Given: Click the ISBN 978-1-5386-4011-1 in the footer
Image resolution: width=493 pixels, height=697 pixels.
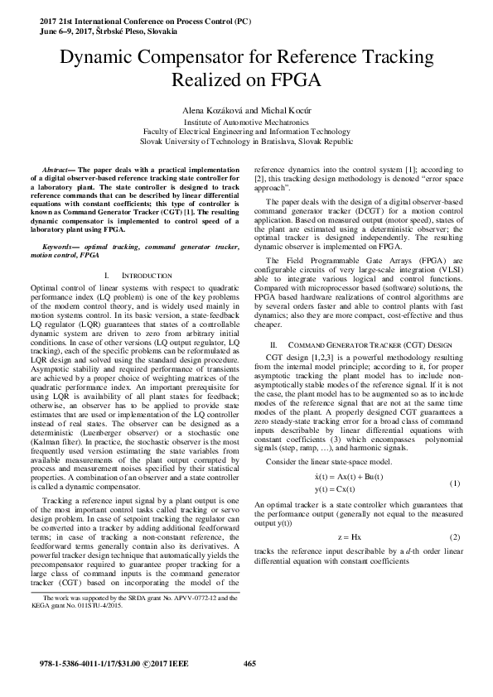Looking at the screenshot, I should (79, 664).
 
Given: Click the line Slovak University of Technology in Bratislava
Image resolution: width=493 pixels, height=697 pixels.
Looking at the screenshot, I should (246, 142).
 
